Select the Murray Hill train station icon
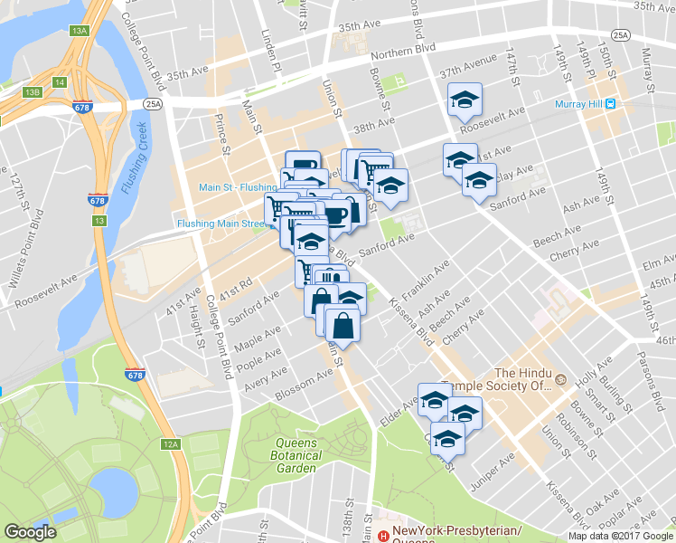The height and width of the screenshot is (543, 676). pyautogui.click(x=611, y=103)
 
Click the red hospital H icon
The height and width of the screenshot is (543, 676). pyautogui.click(x=383, y=536)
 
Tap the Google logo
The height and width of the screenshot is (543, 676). pyautogui.click(x=31, y=532)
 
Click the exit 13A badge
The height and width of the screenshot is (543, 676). pyautogui.click(x=79, y=31)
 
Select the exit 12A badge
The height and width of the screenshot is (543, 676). pyautogui.click(x=171, y=444)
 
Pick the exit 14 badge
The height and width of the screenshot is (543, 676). pyautogui.click(x=60, y=82)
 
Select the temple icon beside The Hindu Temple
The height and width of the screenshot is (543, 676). pyautogui.click(x=560, y=378)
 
